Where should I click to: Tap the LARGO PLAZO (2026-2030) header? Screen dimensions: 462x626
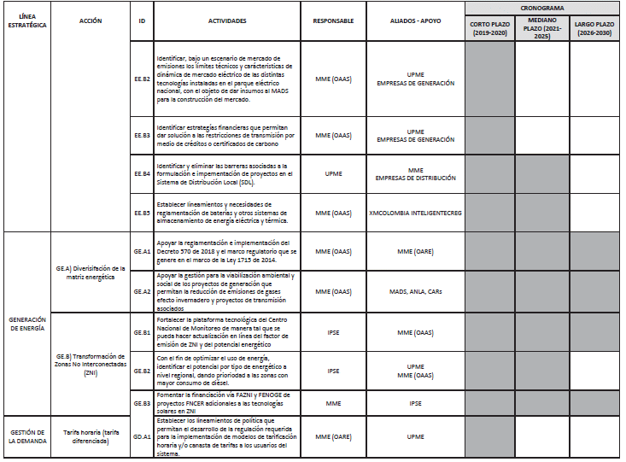click(594, 27)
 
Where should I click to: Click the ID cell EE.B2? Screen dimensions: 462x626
click(143, 79)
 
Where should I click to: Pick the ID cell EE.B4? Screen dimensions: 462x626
click(143, 173)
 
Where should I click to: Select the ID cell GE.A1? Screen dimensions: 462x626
click(143, 252)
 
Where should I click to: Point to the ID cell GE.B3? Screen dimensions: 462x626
click(143, 402)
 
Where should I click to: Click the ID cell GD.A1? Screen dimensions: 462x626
click(143, 436)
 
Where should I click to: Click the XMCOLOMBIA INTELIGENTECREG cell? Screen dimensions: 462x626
click(416, 212)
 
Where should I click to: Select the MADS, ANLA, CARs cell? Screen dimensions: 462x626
click(416, 291)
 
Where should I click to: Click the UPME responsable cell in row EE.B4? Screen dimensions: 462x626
click(333, 173)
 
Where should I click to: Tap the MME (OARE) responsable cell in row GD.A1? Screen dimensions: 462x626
click(333, 436)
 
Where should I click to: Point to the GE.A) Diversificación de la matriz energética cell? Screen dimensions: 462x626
click(90, 272)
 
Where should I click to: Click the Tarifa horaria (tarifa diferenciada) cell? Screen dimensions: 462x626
click(90, 436)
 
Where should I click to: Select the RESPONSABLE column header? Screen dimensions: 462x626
click(333, 20)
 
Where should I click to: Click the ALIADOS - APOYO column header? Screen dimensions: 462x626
click(416, 20)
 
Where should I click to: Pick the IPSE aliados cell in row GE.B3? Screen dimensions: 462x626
click(416, 402)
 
